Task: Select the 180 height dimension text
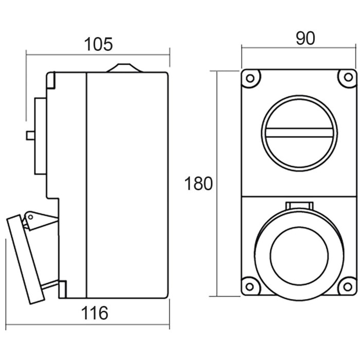pos(199,183)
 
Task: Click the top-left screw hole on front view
pos(250,79)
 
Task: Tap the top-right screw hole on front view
pos(348,78)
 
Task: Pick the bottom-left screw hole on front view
pos(250,286)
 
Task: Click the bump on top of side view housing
pos(122,67)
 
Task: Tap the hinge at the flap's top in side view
pos(35,219)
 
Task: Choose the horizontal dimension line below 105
pos(98,53)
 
